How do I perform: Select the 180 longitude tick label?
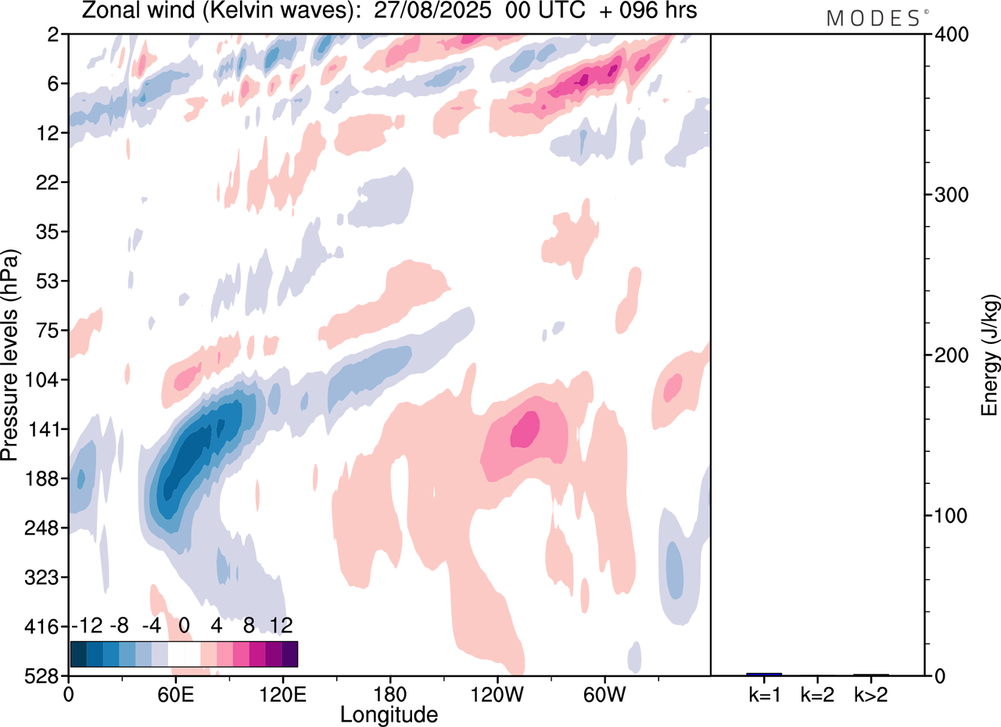389,694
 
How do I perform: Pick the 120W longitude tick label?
497,694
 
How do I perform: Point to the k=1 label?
763,694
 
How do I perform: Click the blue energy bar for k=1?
764,674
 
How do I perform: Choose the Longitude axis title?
389,714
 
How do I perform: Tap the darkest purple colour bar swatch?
289,654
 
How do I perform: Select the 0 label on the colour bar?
185,626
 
